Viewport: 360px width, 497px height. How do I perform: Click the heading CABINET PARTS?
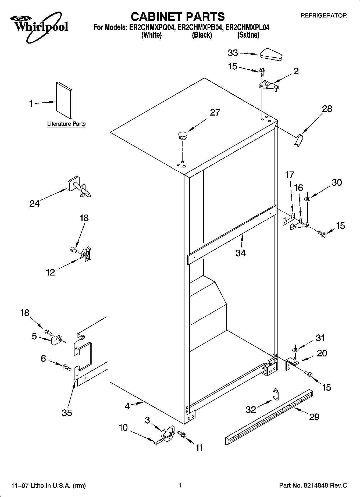coord(177,17)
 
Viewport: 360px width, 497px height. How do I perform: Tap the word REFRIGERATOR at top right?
coord(323,16)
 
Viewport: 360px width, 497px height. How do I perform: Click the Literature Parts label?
coord(66,124)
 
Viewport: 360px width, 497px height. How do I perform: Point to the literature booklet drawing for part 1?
coord(64,100)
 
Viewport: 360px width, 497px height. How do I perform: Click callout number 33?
coord(233,53)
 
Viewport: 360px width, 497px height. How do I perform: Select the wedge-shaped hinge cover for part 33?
coord(270,55)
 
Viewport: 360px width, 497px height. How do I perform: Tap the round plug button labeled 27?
coord(182,135)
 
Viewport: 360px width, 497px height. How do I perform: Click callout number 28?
coord(327,109)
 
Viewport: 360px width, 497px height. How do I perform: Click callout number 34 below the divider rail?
coord(240,253)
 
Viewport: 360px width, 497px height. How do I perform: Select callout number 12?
coord(50,272)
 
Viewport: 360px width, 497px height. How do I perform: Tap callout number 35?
coord(67,413)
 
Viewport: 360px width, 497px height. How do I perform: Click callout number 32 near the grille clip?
coord(251,409)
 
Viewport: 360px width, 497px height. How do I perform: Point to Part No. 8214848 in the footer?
coord(313,485)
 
